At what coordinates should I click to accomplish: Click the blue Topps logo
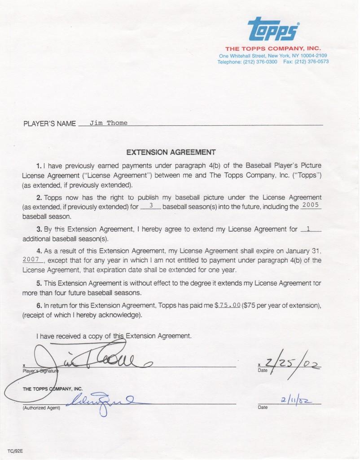[x=273, y=29]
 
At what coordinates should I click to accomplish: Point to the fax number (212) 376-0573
[x=312, y=62]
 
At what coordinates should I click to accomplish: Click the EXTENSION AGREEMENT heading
[x=165, y=152]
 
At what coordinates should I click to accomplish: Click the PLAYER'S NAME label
[x=50, y=124]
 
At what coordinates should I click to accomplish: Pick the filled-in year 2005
[x=311, y=205]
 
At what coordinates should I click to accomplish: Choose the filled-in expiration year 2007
[x=32, y=260]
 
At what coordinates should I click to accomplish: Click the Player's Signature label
[x=40, y=371]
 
